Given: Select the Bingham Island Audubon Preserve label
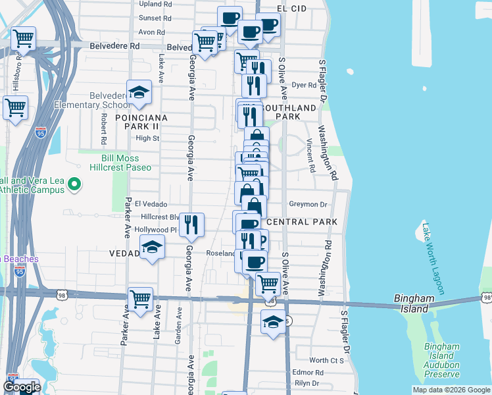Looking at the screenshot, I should [441, 360].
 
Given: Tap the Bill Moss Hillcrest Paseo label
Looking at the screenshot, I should [126, 163].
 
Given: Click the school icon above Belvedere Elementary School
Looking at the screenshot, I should [139, 92].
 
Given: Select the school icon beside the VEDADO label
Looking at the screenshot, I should [152, 247].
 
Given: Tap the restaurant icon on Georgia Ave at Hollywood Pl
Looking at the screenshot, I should [191, 224].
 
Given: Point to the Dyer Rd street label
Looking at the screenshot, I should [304, 85].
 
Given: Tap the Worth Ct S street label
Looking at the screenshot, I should [327, 360].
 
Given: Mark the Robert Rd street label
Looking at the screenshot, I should [104, 129].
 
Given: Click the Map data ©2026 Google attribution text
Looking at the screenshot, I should [451, 390].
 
